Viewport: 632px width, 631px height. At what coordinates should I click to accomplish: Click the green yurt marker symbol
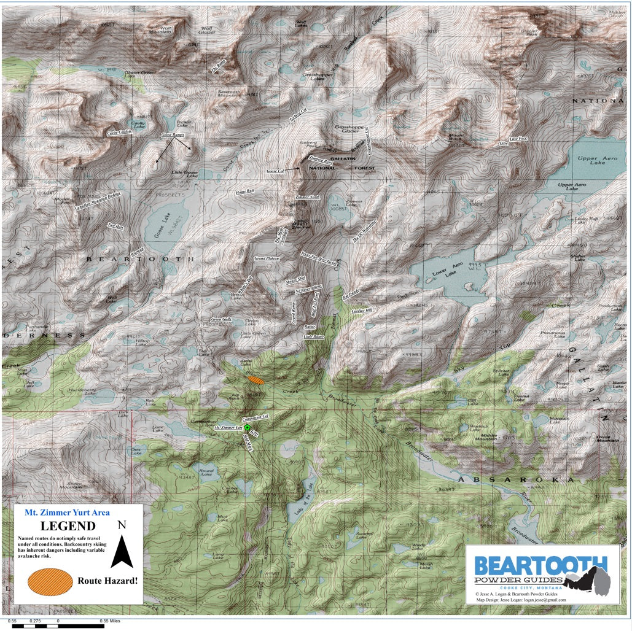click(x=247, y=427)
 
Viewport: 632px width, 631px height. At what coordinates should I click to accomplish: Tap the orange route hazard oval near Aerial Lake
click(x=256, y=381)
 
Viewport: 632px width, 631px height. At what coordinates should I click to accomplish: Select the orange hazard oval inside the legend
click(x=50, y=581)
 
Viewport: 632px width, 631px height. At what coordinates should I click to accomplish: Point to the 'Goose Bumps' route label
click(x=172, y=135)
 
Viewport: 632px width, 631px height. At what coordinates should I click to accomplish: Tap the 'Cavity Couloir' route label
click(x=119, y=132)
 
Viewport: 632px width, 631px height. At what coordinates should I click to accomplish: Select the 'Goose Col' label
click(x=276, y=171)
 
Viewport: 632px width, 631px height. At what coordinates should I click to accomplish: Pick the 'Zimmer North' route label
click(x=307, y=197)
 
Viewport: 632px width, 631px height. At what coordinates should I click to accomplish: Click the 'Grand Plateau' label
click(x=267, y=259)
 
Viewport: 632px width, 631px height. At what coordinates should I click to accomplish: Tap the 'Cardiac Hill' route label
click(x=361, y=311)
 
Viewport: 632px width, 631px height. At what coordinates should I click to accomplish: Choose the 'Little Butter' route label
click(x=313, y=337)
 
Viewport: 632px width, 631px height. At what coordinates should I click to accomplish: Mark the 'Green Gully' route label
click(x=221, y=320)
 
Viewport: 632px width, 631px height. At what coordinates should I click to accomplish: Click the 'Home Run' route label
click(x=244, y=192)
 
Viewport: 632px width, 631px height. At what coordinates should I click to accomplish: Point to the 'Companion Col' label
click(x=256, y=417)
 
